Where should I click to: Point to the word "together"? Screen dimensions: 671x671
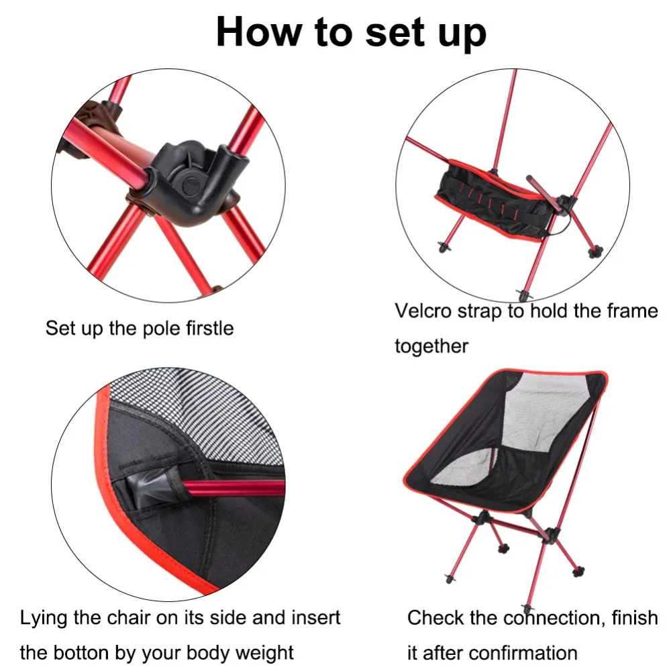[431, 346]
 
